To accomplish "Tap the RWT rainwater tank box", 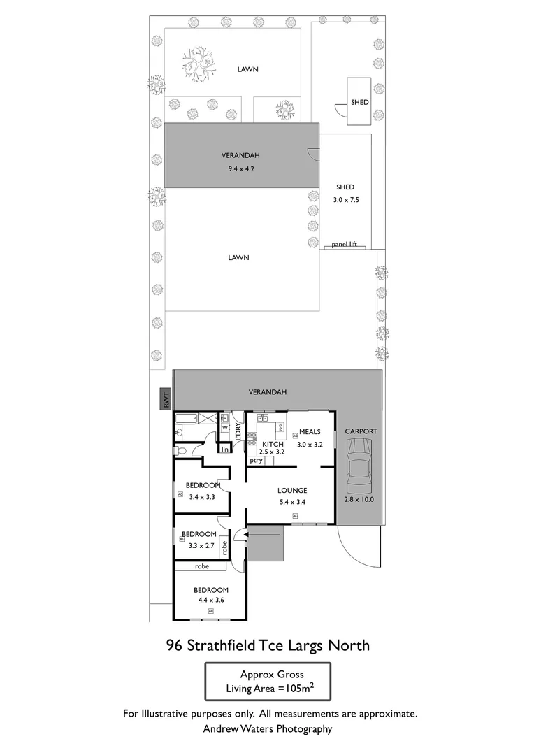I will click(x=166, y=399).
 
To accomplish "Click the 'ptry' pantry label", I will click(x=256, y=461).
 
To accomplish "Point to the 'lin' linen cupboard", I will click(x=224, y=449).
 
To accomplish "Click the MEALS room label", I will click(x=310, y=431).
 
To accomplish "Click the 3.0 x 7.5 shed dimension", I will click(x=345, y=199).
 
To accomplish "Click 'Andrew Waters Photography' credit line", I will click(x=268, y=728).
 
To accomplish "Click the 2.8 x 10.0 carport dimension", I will click(x=360, y=498).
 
